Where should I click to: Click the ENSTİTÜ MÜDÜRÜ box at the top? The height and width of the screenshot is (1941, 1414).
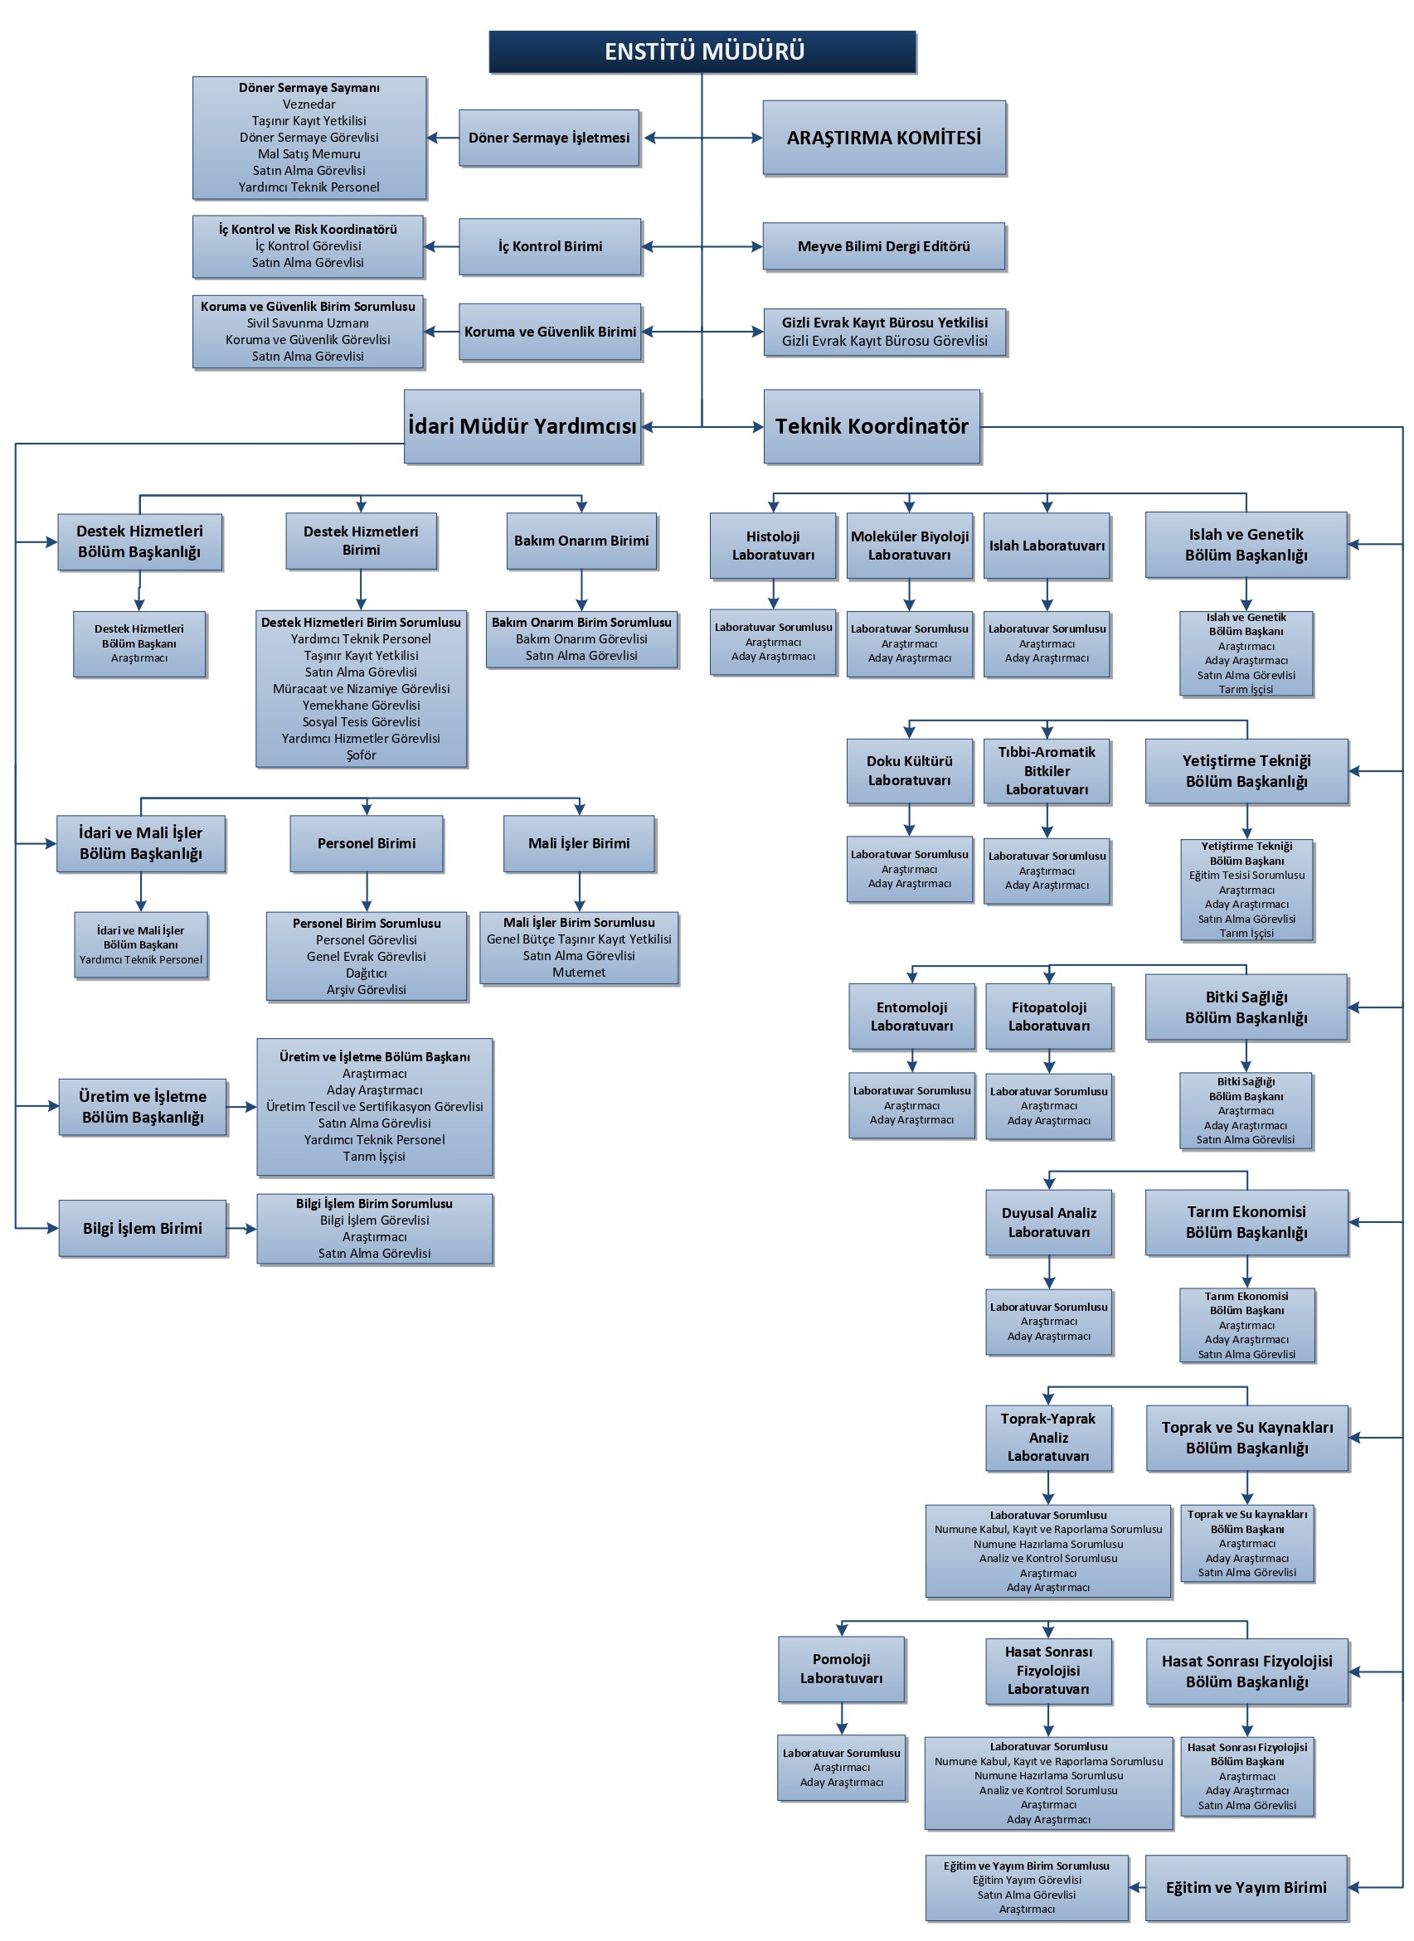click(702, 51)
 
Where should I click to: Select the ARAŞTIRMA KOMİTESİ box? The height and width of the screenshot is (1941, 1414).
click(884, 138)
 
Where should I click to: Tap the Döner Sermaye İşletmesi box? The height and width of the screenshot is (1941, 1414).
click(549, 138)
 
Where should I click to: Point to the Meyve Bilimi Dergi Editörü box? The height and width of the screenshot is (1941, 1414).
click(884, 246)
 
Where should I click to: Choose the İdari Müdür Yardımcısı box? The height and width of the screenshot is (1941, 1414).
click(522, 426)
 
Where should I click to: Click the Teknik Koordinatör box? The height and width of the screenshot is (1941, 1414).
click(872, 426)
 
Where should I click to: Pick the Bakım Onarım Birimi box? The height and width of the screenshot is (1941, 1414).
click(581, 541)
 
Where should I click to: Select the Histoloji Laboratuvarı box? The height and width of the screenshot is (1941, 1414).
click(773, 546)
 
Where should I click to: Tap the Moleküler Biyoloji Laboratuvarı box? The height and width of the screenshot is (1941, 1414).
click(909, 546)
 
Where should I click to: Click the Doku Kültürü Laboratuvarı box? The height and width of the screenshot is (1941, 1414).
click(909, 770)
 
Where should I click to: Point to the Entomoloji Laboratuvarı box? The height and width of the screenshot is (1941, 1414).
click(911, 1016)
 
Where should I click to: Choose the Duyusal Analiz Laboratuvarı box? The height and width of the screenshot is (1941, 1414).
click(1048, 1222)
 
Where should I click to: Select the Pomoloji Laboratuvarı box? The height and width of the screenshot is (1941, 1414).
click(842, 1669)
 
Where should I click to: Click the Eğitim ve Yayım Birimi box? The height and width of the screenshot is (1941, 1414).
click(1246, 1887)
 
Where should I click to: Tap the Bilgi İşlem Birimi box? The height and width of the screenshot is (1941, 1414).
click(143, 1228)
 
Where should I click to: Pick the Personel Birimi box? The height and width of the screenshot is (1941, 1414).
click(367, 843)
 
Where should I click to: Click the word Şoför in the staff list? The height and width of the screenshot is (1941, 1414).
click(362, 755)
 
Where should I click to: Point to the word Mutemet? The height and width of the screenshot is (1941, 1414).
click(579, 973)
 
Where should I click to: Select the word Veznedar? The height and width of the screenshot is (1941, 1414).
click(309, 104)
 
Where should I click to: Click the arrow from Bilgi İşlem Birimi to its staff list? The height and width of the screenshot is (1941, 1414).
click(242, 1229)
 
